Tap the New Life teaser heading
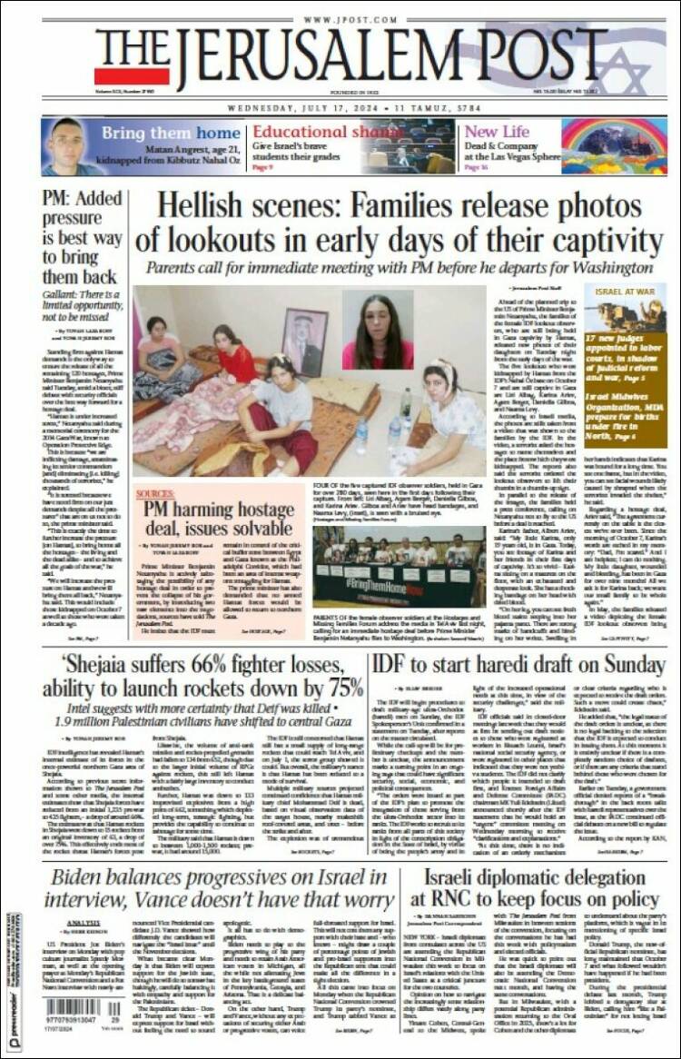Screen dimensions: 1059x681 pos(497,132)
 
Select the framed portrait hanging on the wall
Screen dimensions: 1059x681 pos(305,329)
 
